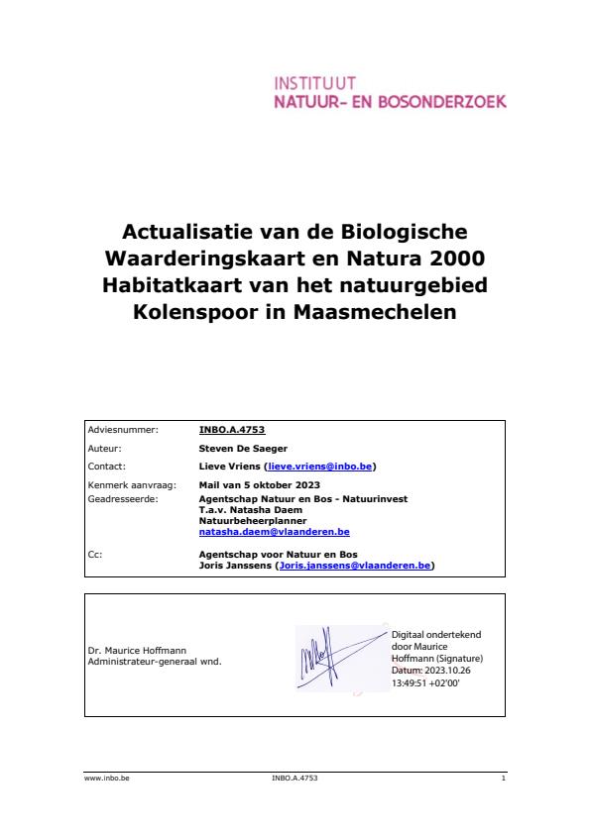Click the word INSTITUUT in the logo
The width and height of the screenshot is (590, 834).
[x=314, y=83]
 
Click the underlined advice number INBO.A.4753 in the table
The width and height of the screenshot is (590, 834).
[x=232, y=430]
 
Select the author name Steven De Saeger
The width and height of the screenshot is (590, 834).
[x=242, y=448]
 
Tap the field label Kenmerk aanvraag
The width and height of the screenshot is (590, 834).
[x=125, y=483]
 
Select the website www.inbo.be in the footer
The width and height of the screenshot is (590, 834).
[x=107, y=780]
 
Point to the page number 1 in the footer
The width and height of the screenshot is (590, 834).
[x=504, y=780]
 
